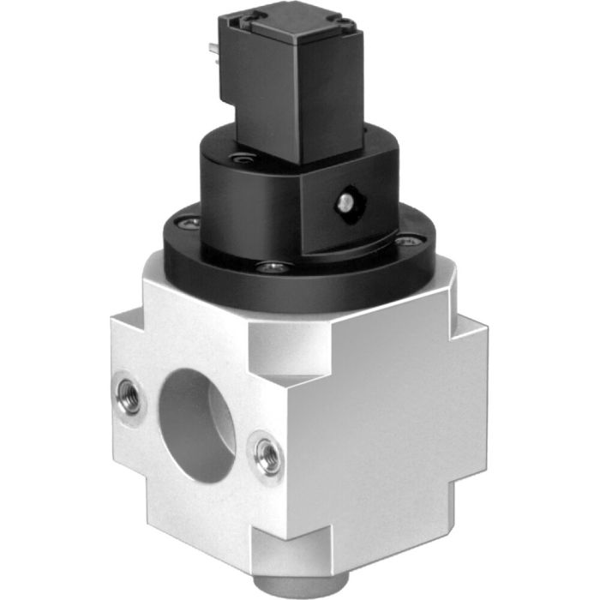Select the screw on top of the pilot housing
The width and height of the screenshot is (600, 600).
(x=243, y=158)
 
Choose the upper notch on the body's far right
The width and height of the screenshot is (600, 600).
(x=471, y=326)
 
